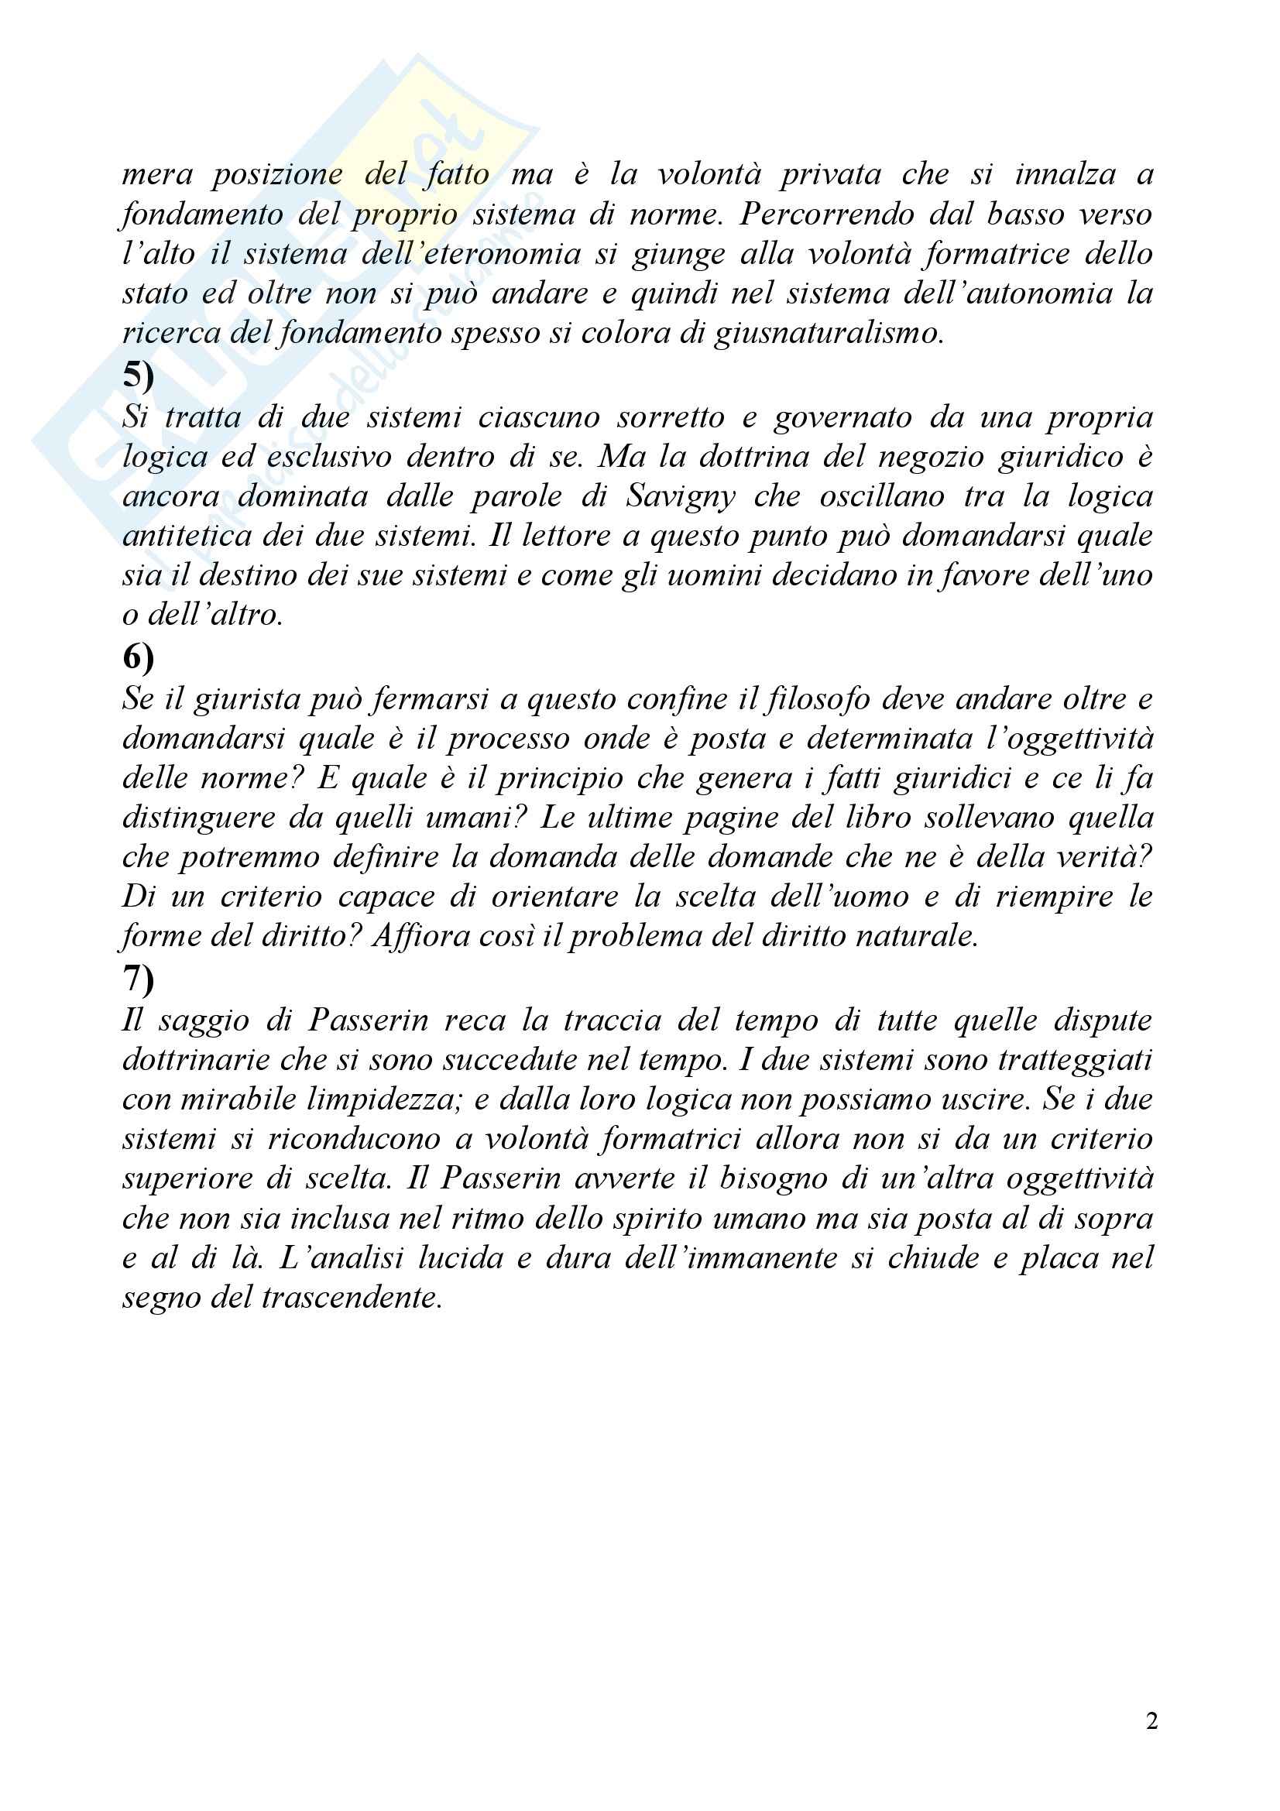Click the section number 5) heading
(x=138, y=376)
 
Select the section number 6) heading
(x=138, y=657)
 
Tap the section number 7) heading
(x=138, y=978)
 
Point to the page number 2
(x=1151, y=1720)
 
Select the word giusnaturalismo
(x=828, y=334)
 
